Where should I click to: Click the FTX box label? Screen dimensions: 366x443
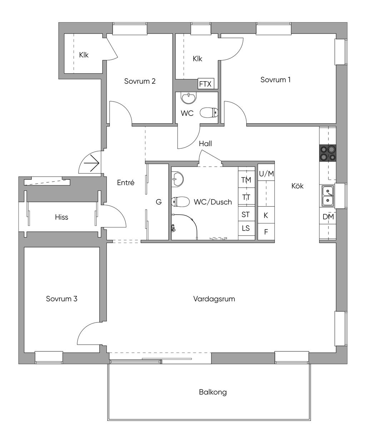click(x=205, y=84)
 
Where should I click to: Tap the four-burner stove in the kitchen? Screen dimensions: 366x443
click(x=328, y=153)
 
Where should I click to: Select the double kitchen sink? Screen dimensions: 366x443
click(x=328, y=196)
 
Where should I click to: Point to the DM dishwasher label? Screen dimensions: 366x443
click(x=328, y=217)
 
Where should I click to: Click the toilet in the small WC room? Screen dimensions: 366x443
click(x=209, y=112)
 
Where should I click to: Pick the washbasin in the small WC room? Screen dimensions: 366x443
click(x=188, y=98)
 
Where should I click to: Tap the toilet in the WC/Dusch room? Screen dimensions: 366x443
click(x=180, y=202)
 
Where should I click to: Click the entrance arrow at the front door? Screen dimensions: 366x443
click(x=91, y=163)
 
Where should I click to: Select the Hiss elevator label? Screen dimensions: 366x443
click(x=61, y=217)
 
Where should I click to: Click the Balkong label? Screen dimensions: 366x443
click(x=213, y=392)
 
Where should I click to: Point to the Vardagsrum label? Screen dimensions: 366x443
click(x=214, y=299)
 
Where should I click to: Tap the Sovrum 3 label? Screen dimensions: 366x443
click(x=62, y=299)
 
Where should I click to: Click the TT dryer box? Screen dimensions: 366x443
click(x=247, y=197)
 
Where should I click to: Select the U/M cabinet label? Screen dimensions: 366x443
click(x=266, y=174)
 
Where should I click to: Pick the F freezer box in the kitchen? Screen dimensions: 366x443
click(x=266, y=232)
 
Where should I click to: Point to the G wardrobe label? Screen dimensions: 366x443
click(x=159, y=202)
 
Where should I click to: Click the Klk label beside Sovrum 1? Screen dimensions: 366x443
click(x=197, y=59)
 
